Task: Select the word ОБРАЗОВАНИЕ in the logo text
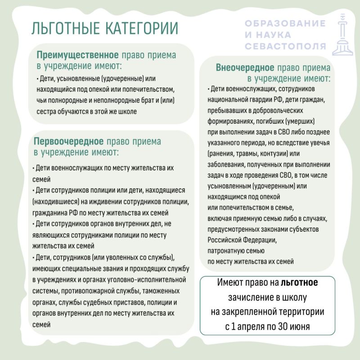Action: (285, 23)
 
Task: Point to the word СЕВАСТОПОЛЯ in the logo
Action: (286, 46)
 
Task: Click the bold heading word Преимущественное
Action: (77, 55)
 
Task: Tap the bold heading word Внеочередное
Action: (245, 68)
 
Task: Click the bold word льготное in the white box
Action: (299, 283)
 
